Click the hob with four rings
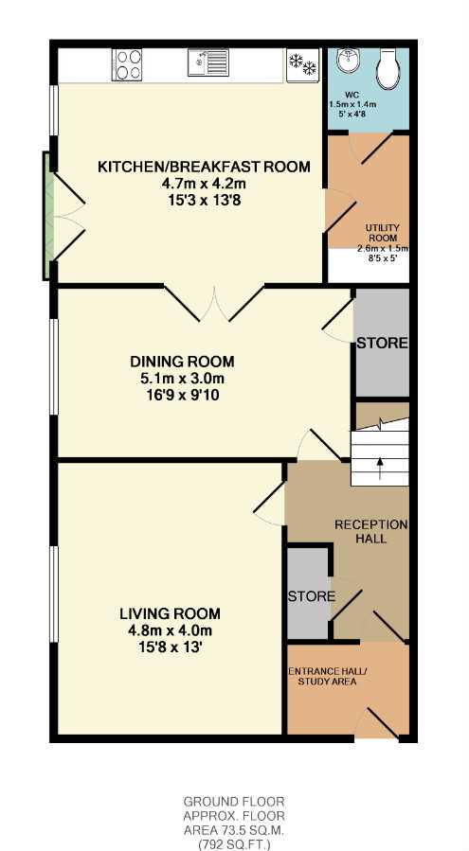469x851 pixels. (x=127, y=65)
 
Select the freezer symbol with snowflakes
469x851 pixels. (x=302, y=65)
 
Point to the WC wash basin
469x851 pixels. (x=346, y=61)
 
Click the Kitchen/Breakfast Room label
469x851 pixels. (x=205, y=167)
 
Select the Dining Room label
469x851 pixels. (x=182, y=361)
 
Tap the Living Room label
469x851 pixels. (x=171, y=613)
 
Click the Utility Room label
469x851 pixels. (x=383, y=233)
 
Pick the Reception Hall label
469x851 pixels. (x=370, y=532)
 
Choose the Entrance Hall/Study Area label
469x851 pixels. (x=327, y=676)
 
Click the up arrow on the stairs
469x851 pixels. (x=379, y=469)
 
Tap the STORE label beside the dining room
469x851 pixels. (x=382, y=343)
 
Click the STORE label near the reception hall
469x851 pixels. (x=312, y=596)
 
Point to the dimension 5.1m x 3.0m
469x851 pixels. (x=182, y=379)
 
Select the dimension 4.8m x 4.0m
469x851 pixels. (x=171, y=630)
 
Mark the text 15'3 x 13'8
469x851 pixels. (x=204, y=201)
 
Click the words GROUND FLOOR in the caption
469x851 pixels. (x=234, y=802)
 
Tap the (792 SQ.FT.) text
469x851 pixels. (x=234, y=844)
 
